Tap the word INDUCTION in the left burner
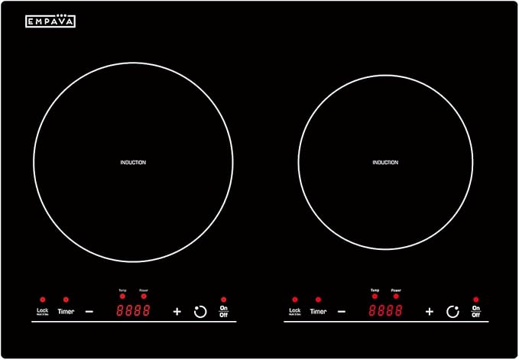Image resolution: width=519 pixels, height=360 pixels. [x=133, y=162]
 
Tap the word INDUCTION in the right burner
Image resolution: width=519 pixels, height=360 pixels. [x=385, y=162]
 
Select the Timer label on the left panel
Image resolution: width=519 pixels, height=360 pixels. [x=66, y=311]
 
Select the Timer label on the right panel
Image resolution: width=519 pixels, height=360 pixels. [x=318, y=311]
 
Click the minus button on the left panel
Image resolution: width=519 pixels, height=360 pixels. [x=89, y=311]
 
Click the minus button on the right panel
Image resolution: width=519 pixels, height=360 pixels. [x=342, y=311]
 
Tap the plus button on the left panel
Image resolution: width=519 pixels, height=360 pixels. [x=177, y=311]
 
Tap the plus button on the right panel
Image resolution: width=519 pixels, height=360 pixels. [x=430, y=311]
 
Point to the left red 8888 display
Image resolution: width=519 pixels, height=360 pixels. [x=133, y=310]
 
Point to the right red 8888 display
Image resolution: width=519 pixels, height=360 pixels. [x=385, y=310]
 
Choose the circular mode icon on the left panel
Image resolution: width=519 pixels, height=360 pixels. [x=200, y=311]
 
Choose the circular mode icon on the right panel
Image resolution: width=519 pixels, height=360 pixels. [x=453, y=311]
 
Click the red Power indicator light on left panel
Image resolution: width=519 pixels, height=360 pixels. [x=144, y=297]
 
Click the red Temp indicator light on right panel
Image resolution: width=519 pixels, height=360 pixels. [x=375, y=297]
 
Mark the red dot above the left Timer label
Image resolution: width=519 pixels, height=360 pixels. [x=66, y=300]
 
